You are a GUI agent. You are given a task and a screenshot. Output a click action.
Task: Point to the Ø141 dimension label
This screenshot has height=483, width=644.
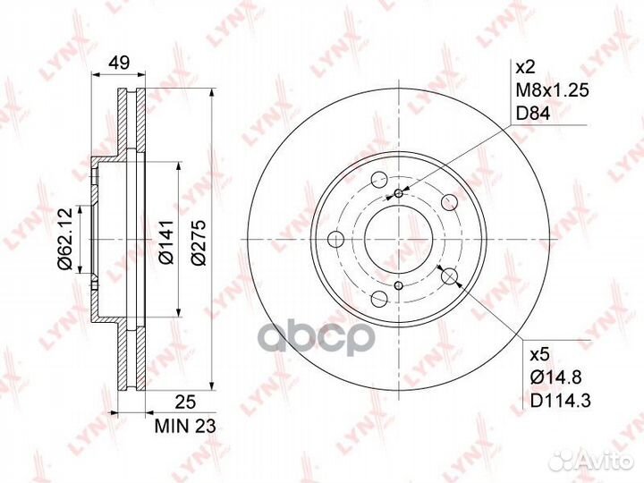coord(166,241)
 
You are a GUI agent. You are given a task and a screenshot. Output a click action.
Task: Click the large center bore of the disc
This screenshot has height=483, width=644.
coord(399,239)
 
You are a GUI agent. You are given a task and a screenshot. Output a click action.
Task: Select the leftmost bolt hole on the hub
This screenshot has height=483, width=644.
coord(336,239)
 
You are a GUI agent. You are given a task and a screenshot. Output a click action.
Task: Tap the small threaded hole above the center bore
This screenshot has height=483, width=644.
coord(399,192)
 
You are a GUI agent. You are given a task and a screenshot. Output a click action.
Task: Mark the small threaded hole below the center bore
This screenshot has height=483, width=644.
coord(399,286)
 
